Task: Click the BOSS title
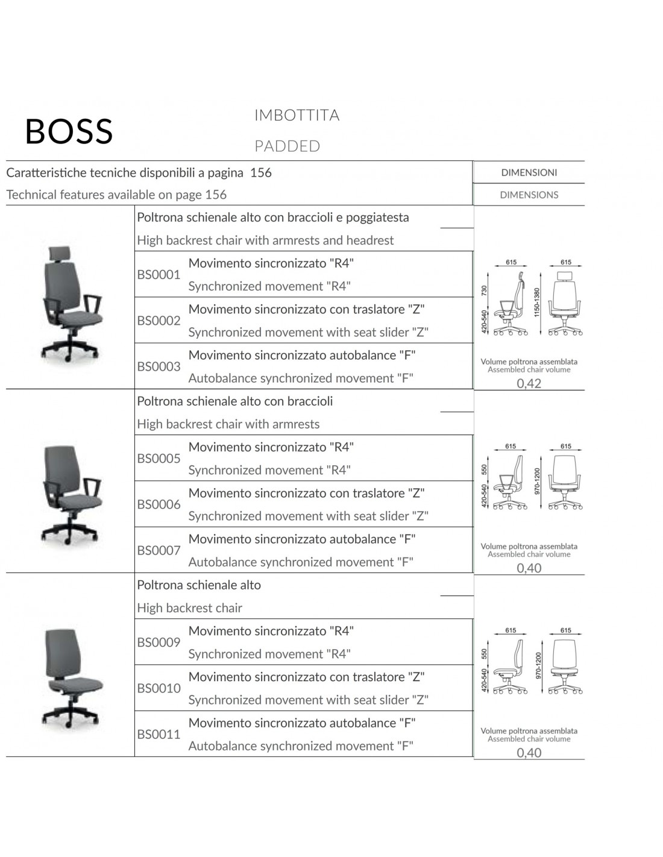point(69,131)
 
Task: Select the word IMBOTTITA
point(297,115)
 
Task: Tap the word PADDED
point(287,146)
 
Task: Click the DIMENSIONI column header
point(529,172)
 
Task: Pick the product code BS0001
point(159,275)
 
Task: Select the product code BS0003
point(159,366)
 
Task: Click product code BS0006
point(159,504)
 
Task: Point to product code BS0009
point(159,642)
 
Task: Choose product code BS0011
point(159,734)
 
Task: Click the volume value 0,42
point(529,383)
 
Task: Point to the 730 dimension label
point(484,291)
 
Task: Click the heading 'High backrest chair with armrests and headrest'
point(265,240)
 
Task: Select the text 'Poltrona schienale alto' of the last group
point(199,585)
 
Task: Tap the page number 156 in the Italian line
point(261,172)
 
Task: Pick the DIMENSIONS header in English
point(529,195)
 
